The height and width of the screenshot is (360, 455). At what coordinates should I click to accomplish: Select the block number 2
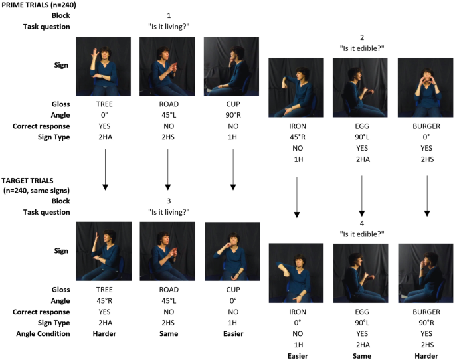pyautogui.click(x=362, y=38)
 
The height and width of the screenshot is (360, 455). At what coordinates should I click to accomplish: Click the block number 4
pyautogui.click(x=362, y=223)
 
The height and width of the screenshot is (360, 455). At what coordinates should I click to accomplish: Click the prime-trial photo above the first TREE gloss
pyautogui.click(x=104, y=66)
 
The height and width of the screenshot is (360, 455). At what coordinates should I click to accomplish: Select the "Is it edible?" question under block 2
pyautogui.click(x=362, y=48)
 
